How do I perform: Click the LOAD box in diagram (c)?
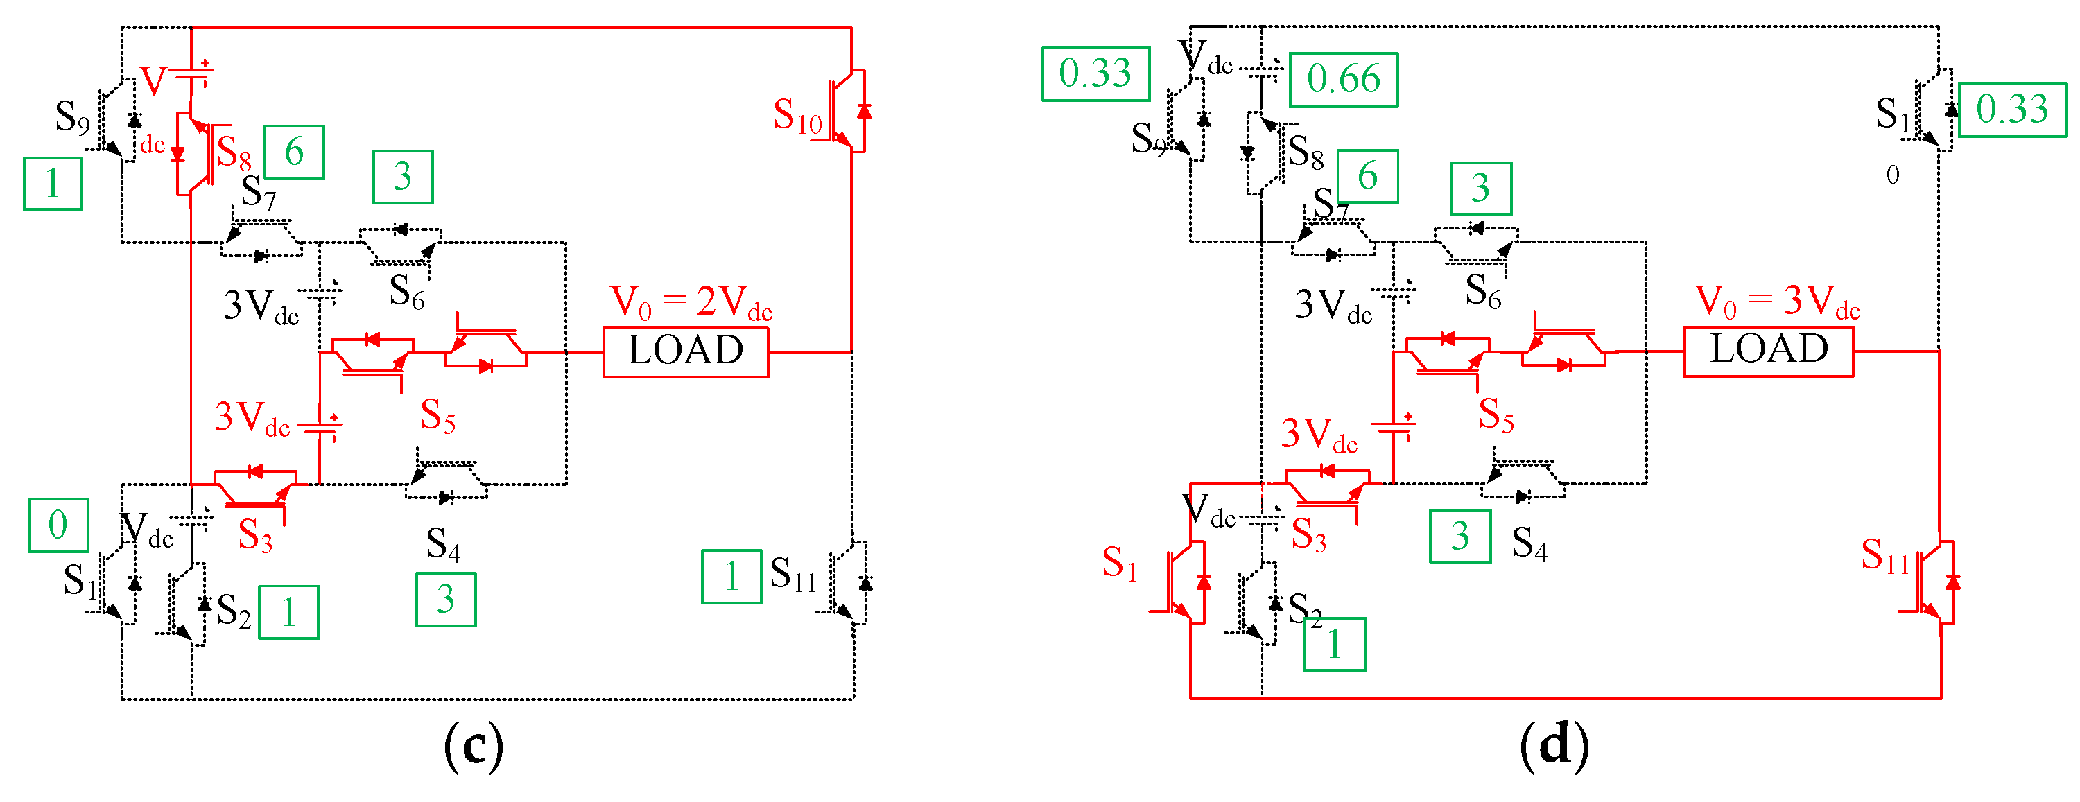pos(686,351)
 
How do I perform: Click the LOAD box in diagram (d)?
pos(1768,351)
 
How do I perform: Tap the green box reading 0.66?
pos(1344,80)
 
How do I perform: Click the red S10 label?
pos(797,116)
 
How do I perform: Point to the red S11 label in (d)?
pos(1884,557)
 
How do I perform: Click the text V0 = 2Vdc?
pos(691,303)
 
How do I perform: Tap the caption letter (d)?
pos(1554,745)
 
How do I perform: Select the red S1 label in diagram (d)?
pos(1120,562)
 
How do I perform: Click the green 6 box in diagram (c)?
pos(294,152)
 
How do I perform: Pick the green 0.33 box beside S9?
pos(1095,74)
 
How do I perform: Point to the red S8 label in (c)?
pos(234,152)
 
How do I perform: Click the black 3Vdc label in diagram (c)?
pos(261,306)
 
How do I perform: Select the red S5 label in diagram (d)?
pos(1496,415)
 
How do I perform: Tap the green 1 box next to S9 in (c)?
pos(53,184)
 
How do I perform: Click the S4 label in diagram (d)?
pos(1529,543)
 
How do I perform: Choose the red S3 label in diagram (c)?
pos(255,535)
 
